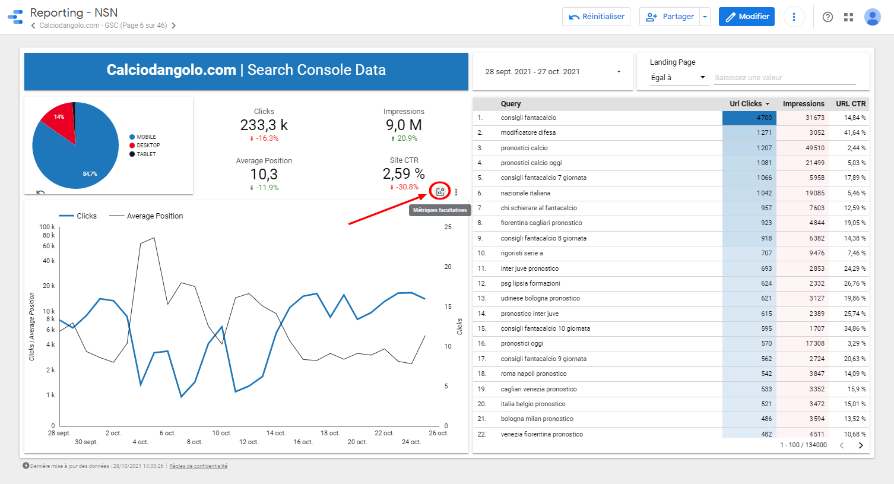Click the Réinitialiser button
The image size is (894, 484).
[596, 17]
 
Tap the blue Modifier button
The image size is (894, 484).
[747, 17]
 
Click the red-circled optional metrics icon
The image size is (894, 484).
[440, 192]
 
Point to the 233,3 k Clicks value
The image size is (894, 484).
[264, 125]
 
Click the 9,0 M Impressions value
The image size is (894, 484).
[404, 125]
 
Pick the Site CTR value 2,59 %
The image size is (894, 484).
[404, 174]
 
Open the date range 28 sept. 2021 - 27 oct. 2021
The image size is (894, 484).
[552, 72]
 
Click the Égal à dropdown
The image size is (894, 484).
[678, 78]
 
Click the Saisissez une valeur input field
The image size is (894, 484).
[784, 78]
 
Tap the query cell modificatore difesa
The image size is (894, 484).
[528, 132]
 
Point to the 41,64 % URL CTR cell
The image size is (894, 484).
[854, 132]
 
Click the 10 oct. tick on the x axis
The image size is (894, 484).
[221, 434]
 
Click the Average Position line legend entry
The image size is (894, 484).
[154, 216]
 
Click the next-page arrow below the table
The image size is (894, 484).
[861, 445]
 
